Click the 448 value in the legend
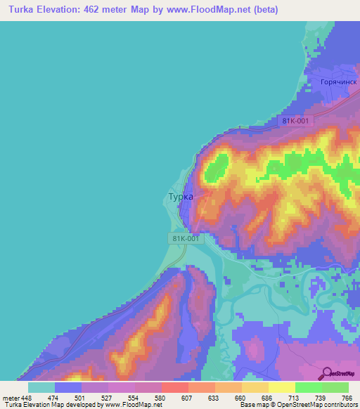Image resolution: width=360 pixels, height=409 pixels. [27, 398]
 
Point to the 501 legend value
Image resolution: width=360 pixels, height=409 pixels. [81, 398]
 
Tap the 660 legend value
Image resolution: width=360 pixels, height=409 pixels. [241, 398]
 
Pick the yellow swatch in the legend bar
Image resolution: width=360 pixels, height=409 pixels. [281, 387]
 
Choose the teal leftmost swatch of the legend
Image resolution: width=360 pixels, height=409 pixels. [41, 387]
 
